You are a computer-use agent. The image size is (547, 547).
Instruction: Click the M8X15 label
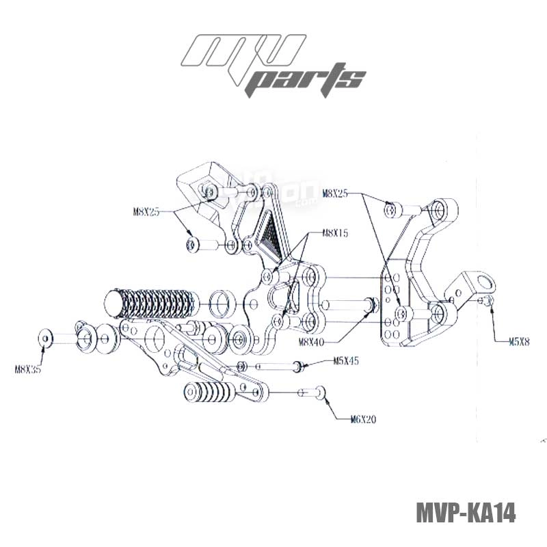click(x=335, y=233)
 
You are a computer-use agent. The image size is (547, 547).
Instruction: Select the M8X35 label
click(x=28, y=370)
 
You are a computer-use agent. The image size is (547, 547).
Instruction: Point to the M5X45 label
click(x=347, y=360)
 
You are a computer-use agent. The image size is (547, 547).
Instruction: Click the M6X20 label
click(x=362, y=419)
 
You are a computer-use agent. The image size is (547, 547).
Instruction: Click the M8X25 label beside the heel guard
click(x=145, y=212)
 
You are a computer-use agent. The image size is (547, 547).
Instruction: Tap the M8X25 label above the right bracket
click(x=334, y=194)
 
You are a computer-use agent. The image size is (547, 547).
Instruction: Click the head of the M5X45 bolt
click(x=299, y=366)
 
